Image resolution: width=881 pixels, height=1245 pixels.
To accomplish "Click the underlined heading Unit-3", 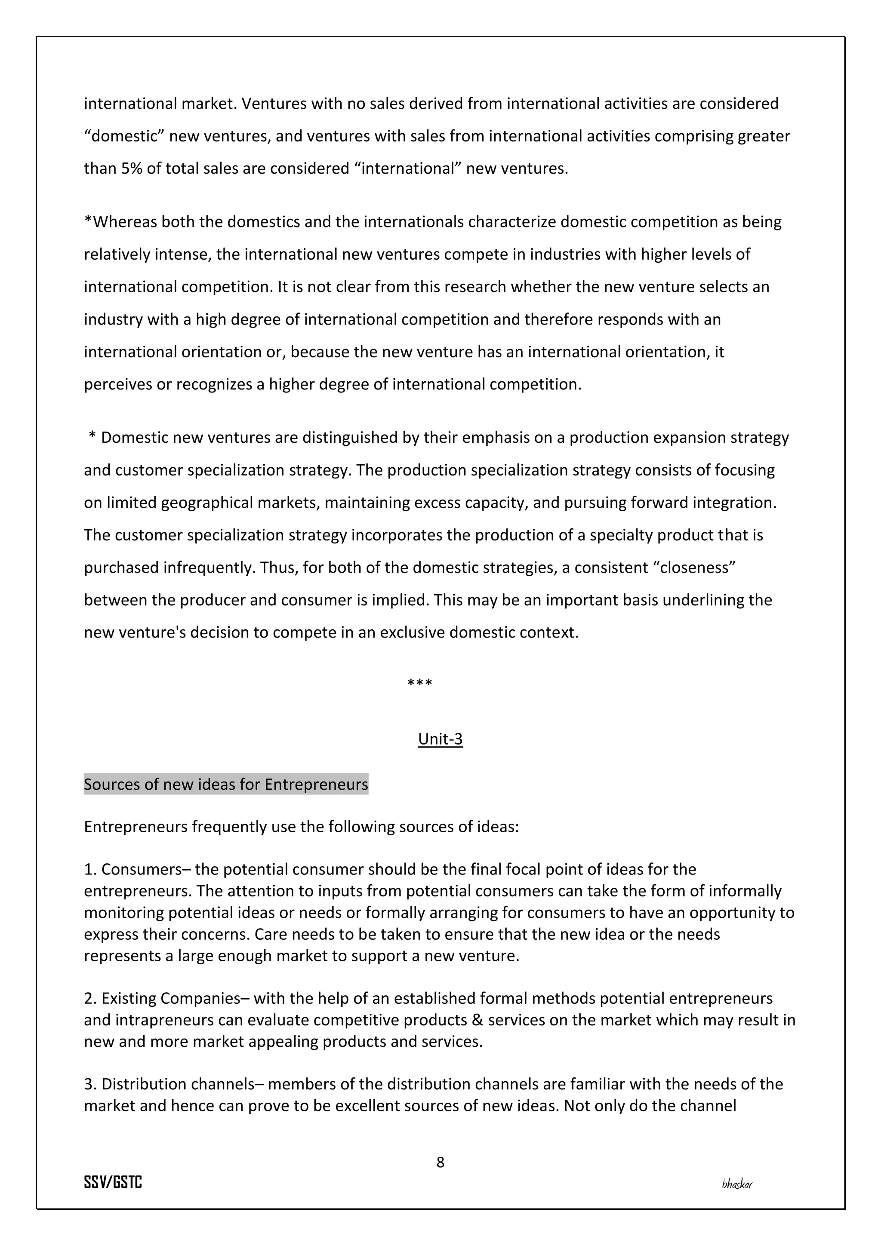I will [x=440, y=739].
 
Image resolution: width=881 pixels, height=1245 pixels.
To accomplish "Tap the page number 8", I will [x=440, y=1162].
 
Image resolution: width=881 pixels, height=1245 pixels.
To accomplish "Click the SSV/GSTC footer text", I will [x=113, y=1183].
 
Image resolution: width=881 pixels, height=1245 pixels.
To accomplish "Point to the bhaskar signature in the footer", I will [x=737, y=1184].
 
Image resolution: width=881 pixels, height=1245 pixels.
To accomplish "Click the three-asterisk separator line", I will [x=419, y=683].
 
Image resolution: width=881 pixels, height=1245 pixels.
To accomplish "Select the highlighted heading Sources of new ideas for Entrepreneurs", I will [x=226, y=785].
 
